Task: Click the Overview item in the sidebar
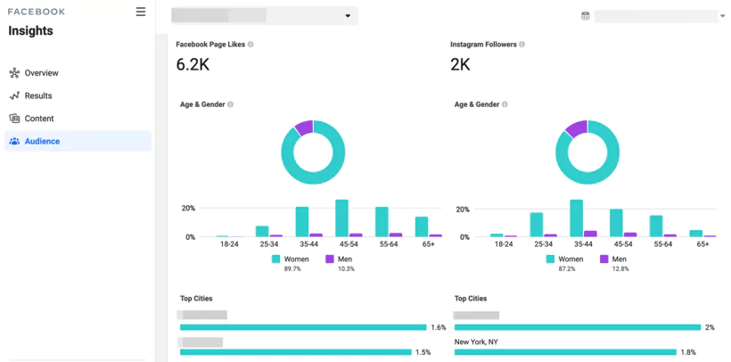point(41,73)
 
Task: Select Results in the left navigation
point(38,95)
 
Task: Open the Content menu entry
point(39,119)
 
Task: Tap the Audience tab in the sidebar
point(42,141)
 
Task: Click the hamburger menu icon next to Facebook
point(141,12)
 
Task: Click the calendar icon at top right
point(586,16)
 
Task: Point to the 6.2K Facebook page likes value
point(193,65)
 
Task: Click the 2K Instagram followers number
point(461,65)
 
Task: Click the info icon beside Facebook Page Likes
point(251,45)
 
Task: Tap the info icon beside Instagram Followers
point(522,45)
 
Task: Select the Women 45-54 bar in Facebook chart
point(341,218)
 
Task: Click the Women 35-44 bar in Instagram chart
point(576,218)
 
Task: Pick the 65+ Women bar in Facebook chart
point(422,226)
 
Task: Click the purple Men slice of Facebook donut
point(305,128)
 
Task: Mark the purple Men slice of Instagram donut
point(577,128)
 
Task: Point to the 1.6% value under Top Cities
point(439,327)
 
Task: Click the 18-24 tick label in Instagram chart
point(504,244)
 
